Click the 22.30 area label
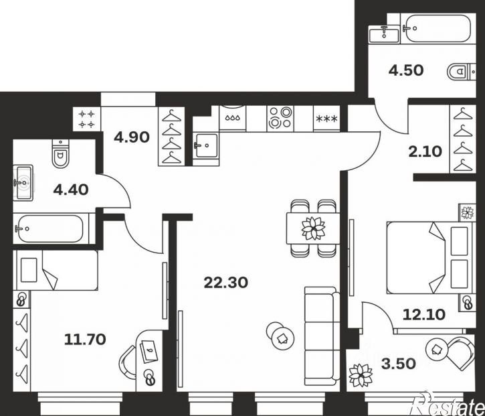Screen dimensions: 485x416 [226, 283]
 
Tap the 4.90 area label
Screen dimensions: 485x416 [132, 137]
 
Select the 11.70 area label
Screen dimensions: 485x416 [85, 340]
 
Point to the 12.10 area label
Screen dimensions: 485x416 [424, 314]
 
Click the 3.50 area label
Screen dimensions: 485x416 [399, 364]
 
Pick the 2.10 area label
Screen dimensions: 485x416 [425, 152]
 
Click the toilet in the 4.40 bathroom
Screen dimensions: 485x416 [61, 153]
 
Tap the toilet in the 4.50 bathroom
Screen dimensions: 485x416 [461, 72]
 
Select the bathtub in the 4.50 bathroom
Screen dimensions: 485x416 [438, 28]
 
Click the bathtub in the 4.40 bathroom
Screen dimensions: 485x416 [51, 228]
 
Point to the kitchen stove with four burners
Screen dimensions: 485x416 [280, 118]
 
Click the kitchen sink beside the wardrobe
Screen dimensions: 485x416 [205, 145]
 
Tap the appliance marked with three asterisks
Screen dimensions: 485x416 [326, 119]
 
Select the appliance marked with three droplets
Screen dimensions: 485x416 [232, 118]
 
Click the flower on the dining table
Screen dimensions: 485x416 [313, 228]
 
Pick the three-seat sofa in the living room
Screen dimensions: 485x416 [322, 336]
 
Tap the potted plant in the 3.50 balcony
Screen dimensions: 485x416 [361, 375]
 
